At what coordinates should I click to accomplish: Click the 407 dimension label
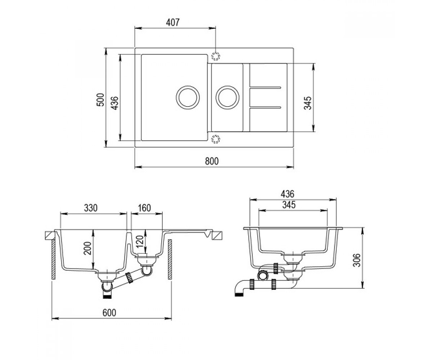click(x=172, y=23)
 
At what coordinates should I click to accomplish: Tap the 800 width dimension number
click(x=212, y=161)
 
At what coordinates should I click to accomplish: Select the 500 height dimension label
click(x=100, y=100)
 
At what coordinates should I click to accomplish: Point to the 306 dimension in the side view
click(x=356, y=260)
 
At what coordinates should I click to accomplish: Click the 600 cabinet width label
click(x=109, y=313)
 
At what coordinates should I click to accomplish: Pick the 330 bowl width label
click(x=91, y=208)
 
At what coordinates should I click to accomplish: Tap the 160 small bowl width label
click(x=144, y=208)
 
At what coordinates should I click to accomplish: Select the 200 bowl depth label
click(x=88, y=248)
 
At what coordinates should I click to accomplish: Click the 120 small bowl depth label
click(x=140, y=241)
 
